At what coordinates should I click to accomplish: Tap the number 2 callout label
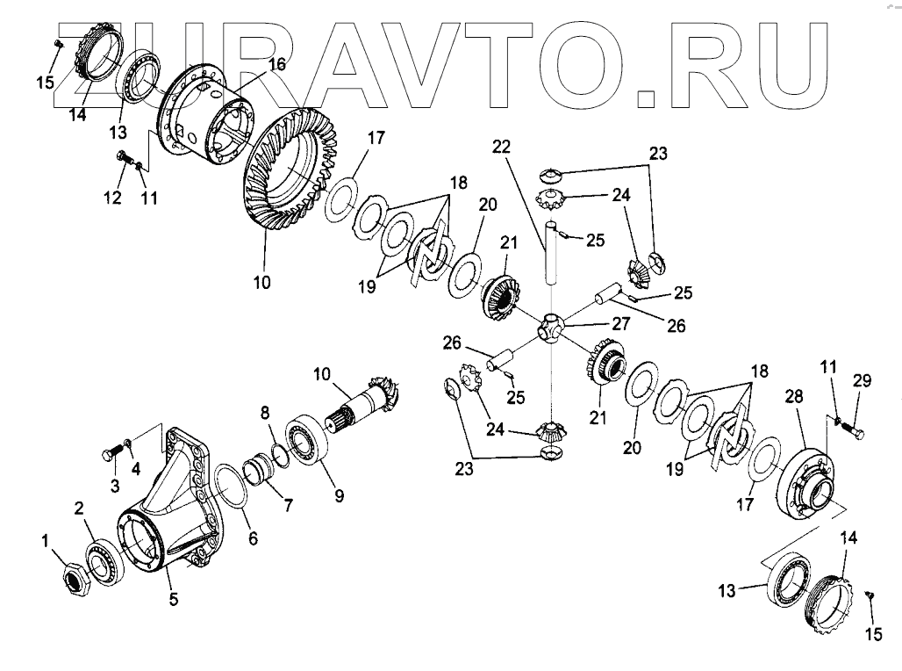click(x=78, y=508)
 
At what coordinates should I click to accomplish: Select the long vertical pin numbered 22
click(x=550, y=255)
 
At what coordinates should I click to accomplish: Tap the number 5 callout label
click(x=174, y=600)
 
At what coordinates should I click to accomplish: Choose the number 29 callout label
click(x=863, y=380)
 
